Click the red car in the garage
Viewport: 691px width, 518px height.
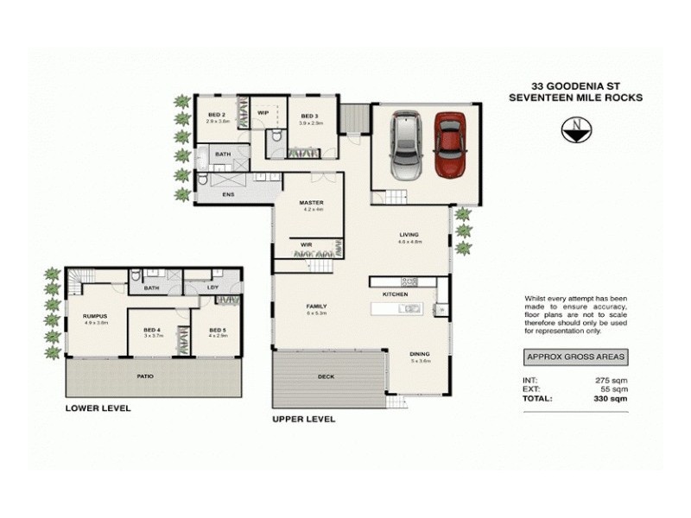tap(450, 144)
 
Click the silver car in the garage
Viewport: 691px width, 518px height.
tap(404, 142)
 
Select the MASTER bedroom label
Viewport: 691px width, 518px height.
tap(312, 203)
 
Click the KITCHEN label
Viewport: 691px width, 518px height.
tap(396, 294)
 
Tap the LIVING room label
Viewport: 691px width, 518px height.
tap(409, 234)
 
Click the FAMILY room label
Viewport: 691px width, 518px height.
tap(315, 306)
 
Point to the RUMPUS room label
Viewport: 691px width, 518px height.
tap(94, 317)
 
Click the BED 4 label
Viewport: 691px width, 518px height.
tap(152, 330)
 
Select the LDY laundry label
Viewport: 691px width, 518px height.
tap(212, 287)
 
